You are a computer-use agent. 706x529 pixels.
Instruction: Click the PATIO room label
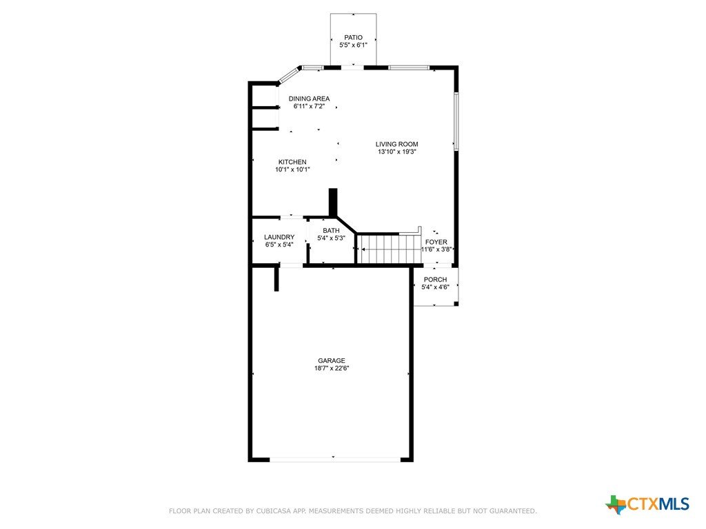pyautogui.click(x=354, y=37)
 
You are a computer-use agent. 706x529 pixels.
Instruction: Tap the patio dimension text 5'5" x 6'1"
pyautogui.click(x=354, y=45)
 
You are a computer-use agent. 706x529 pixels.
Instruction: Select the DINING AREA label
pyautogui.click(x=310, y=98)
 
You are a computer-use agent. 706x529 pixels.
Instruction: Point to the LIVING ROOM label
pyautogui.click(x=396, y=144)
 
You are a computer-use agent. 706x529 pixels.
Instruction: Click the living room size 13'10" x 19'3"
pyautogui.click(x=396, y=152)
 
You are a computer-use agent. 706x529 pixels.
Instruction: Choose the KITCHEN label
pyautogui.click(x=292, y=162)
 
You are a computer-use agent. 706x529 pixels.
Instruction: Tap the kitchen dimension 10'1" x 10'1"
pyautogui.click(x=292, y=169)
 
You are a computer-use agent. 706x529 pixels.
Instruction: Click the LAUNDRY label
pyautogui.click(x=279, y=237)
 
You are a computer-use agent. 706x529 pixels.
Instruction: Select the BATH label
pyautogui.click(x=332, y=230)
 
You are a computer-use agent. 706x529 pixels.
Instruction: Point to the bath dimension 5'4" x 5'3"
pyautogui.click(x=332, y=238)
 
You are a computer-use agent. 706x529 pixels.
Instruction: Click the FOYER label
pyautogui.click(x=436, y=242)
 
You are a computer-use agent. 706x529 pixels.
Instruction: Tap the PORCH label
pyautogui.click(x=436, y=280)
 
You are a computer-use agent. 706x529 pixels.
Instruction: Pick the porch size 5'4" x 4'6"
pyautogui.click(x=436, y=287)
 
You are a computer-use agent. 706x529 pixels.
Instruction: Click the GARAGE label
pyautogui.click(x=332, y=360)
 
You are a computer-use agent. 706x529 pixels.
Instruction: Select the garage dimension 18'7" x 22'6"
pyautogui.click(x=332, y=368)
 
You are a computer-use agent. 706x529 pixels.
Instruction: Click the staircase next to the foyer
pyautogui.click(x=390, y=249)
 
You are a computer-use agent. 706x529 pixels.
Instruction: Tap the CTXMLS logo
pyautogui.click(x=647, y=504)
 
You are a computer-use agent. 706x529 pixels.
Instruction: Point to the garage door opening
pyautogui.click(x=334, y=459)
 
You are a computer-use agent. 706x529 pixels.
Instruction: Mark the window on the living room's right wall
pyautogui.click(x=456, y=121)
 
